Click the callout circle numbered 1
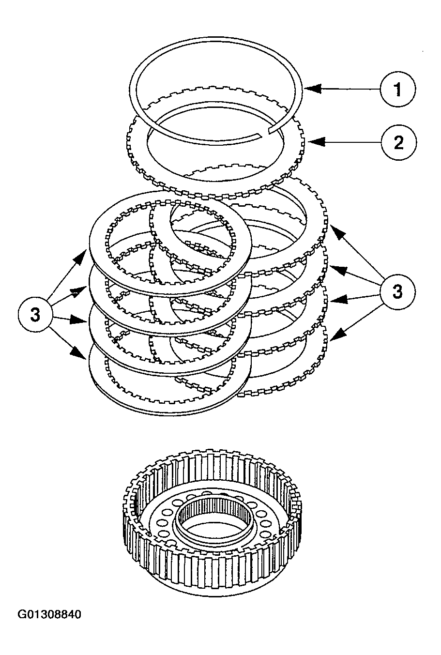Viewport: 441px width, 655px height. click(397, 90)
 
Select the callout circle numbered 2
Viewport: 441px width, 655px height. click(398, 142)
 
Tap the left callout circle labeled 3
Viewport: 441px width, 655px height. click(35, 314)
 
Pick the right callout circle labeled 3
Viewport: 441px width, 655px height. click(397, 292)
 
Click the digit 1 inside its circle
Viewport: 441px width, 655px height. click(397, 90)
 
